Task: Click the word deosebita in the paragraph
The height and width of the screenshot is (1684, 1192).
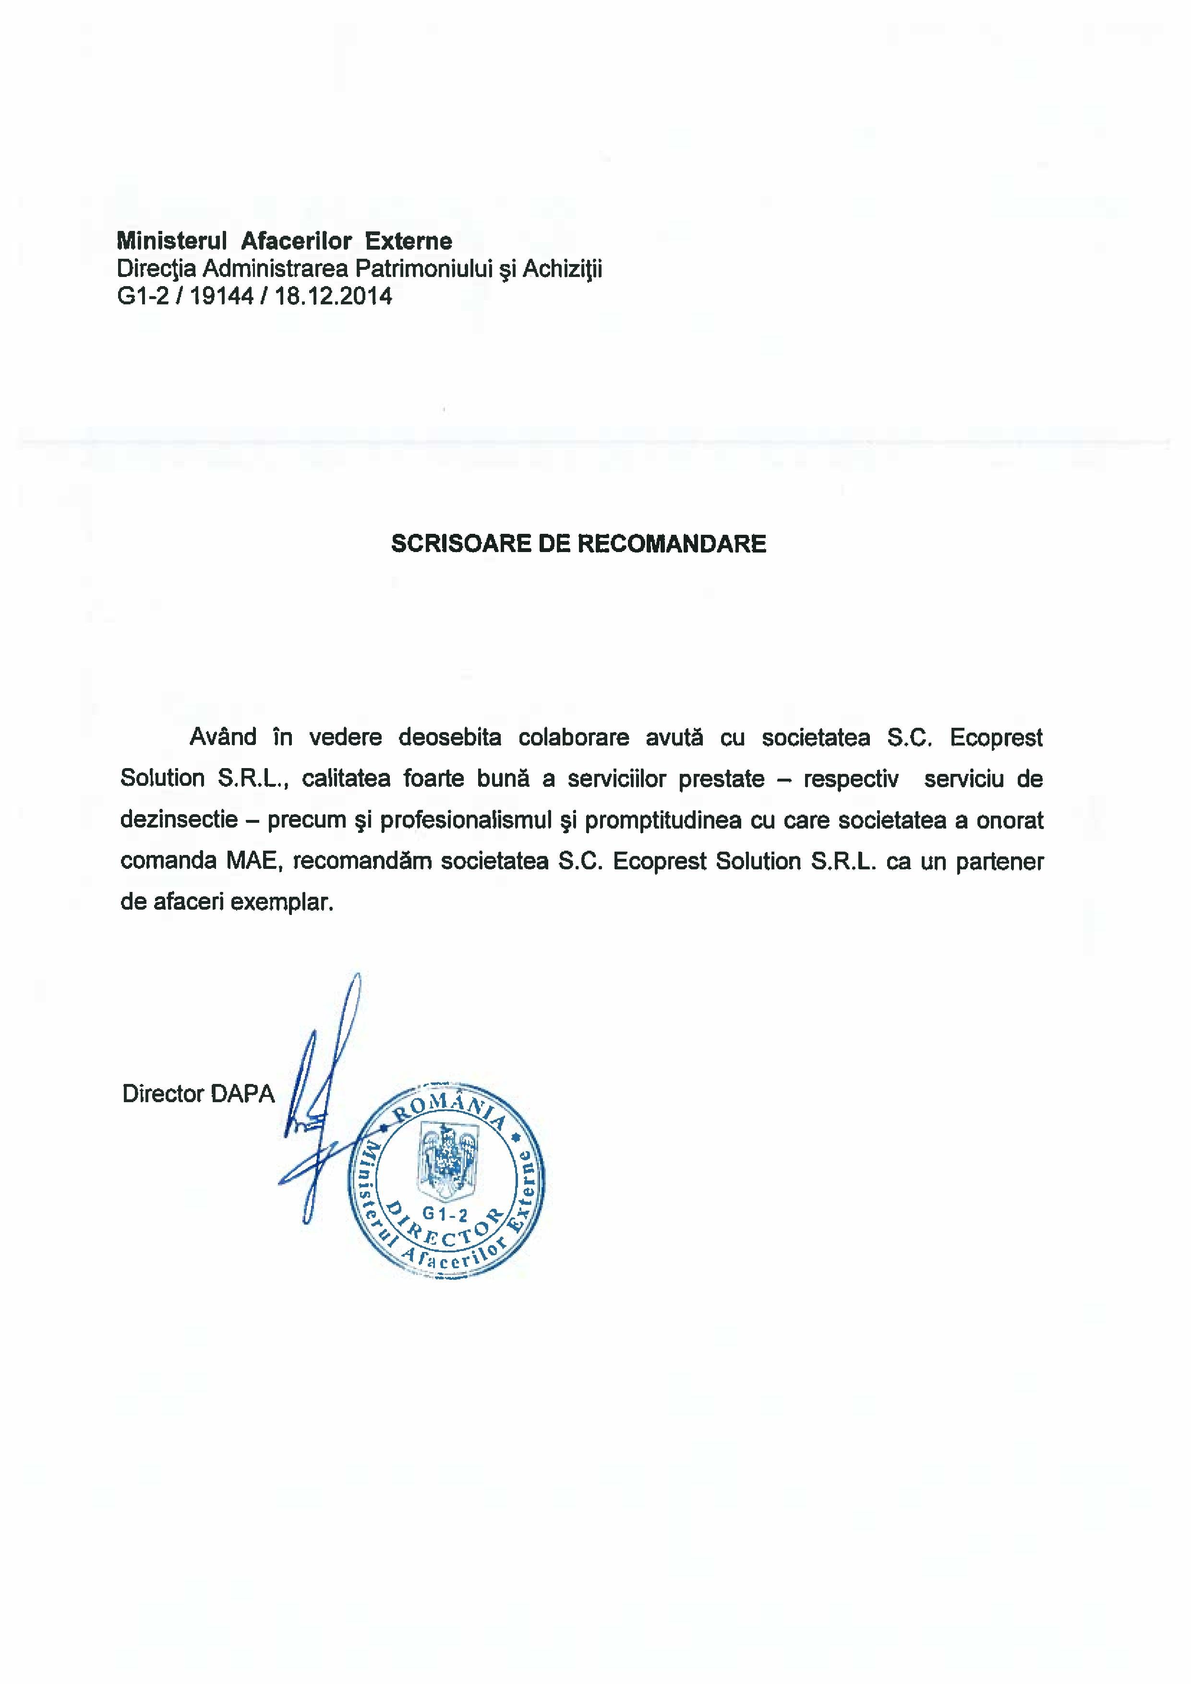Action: (450, 737)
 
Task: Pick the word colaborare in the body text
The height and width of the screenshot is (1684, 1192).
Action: (574, 737)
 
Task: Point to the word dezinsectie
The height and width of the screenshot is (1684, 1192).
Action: (179, 819)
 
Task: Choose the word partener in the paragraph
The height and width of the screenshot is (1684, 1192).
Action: (999, 861)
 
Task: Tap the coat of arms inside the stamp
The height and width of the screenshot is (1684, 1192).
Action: (446, 1160)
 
